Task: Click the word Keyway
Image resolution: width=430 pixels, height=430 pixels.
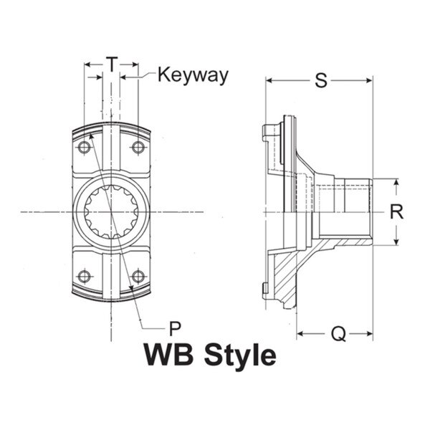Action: pyautogui.click(x=193, y=75)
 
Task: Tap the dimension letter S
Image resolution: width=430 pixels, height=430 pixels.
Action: pyautogui.click(x=322, y=81)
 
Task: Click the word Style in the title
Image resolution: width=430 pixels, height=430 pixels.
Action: pyautogui.click(x=239, y=356)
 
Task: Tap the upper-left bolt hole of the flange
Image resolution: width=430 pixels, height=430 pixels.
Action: pyautogui.click(x=85, y=148)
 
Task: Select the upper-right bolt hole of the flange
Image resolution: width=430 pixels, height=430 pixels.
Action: pyautogui.click(x=138, y=148)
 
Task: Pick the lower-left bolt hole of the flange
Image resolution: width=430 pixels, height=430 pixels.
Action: pyautogui.click(x=85, y=276)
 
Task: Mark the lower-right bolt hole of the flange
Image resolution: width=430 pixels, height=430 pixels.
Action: pyautogui.click(x=138, y=276)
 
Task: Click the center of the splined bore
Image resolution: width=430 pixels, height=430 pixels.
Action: pyautogui.click(x=111, y=211)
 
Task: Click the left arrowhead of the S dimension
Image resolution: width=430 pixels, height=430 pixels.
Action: pyautogui.click(x=270, y=81)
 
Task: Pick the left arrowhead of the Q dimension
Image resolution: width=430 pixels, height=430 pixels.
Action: pyautogui.click(x=300, y=333)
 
